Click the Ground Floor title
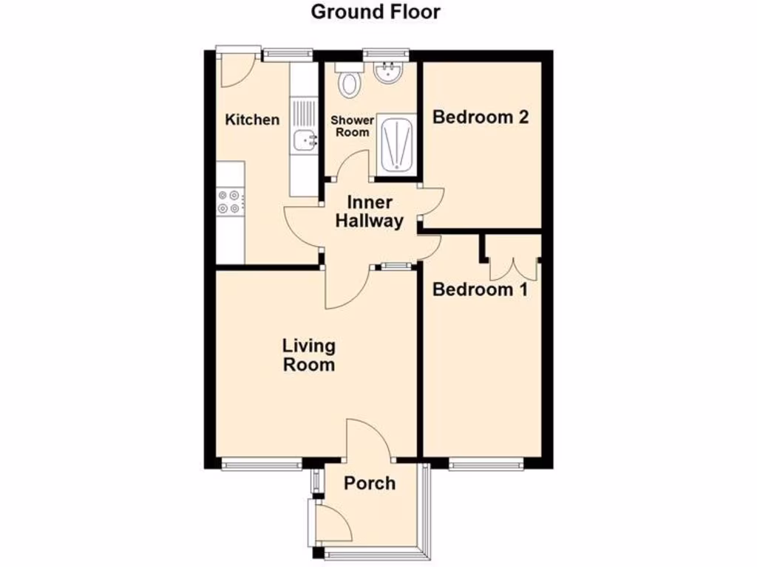(x=376, y=12)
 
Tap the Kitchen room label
(x=253, y=120)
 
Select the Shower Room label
(x=352, y=126)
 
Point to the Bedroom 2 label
(x=480, y=117)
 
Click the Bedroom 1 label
(x=480, y=289)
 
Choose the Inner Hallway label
(x=370, y=212)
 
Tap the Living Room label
(x=309, y=354)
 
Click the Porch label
(x=370, y=484)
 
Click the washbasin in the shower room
(x=387, y=74)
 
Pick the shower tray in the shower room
(x=397, y=145)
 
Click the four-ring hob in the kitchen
(x=229, y=202)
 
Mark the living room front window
(x=260, y=464)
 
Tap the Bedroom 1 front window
(x=486, y=464)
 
